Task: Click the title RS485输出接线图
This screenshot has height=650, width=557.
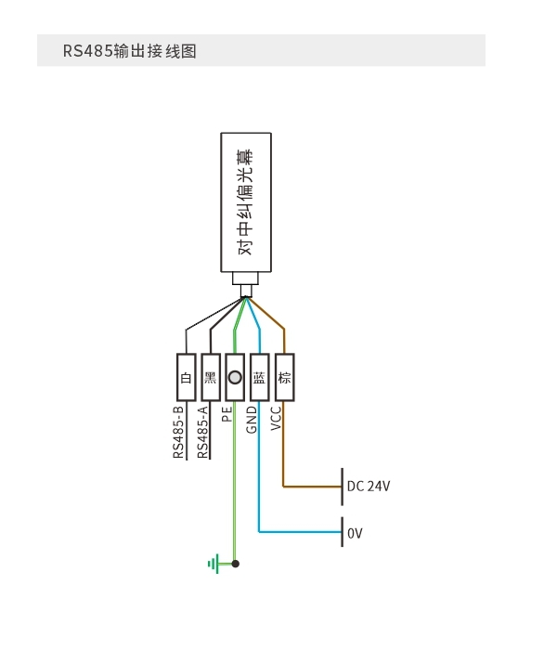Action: (x=129, y=51)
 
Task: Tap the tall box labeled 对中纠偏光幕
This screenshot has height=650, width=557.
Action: (x=246, y=202)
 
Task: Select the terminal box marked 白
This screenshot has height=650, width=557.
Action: (x=186, y=377)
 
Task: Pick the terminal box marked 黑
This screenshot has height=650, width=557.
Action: (x=211, y=377)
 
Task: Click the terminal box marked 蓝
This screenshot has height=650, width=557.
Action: (x=260, y=377)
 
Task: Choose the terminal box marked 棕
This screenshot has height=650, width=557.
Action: (x=285, y=377)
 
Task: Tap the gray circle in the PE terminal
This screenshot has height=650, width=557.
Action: (x=235, y=378)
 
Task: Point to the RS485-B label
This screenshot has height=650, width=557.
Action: (x=178, y=433)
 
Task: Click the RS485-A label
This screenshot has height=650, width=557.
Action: (x=202, y=433)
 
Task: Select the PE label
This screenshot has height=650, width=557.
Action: (x=227, y=414)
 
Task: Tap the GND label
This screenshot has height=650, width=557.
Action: (x=252, y=420)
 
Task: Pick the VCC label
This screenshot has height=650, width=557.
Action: (x=276, y=418)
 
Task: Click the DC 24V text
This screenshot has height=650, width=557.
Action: (x=369, y=486)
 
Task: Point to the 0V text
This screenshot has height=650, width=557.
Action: (x=355, y=533)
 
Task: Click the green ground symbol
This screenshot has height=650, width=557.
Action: (x=214, y=564)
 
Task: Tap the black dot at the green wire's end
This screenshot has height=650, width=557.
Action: (x=236, y=564)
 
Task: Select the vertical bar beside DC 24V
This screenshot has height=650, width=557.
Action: (x=342, y=487)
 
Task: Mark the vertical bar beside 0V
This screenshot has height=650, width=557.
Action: (x=342, y=532)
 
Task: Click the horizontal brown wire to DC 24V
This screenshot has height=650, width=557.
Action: (x=312, y=487)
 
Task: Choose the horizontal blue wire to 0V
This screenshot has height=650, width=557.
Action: (x=300, y=531)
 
